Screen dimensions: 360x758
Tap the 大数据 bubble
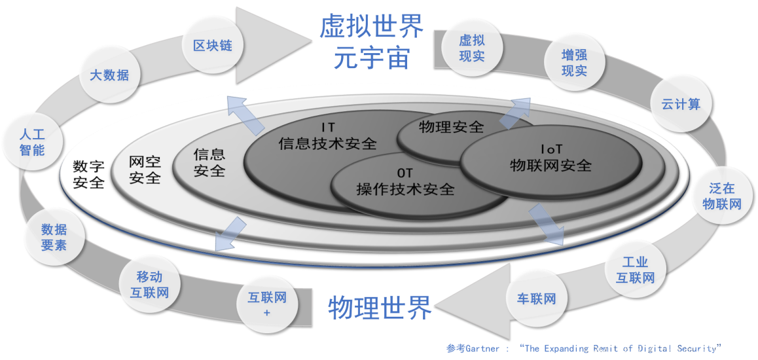pyautogui.click(x=109, y=75)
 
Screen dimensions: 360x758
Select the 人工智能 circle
pyautogui.click(x=32, y=142)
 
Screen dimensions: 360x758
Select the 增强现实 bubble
pyautogui.click(x=574, y=62)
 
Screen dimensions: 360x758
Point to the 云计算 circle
pyautogui.click(x=681, y=104)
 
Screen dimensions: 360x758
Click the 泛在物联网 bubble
pyautogui.click(x=721, y=196)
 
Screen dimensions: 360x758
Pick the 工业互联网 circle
pyautogui.click(x=635, y=270)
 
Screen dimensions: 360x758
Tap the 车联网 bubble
pyautogui.click(x=536, y=299)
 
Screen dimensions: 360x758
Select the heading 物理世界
pyautogui.click(x=380, y=306)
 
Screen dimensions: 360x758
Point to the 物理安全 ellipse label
pyautogui.click(x=452, y=127)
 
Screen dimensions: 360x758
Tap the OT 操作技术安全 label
pyautogui.click(x=405, y=181)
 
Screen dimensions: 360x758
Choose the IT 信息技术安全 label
pyautogui.click(x=327, y=135)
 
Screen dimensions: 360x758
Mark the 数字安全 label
pyautogui.click(x=88, y=174)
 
